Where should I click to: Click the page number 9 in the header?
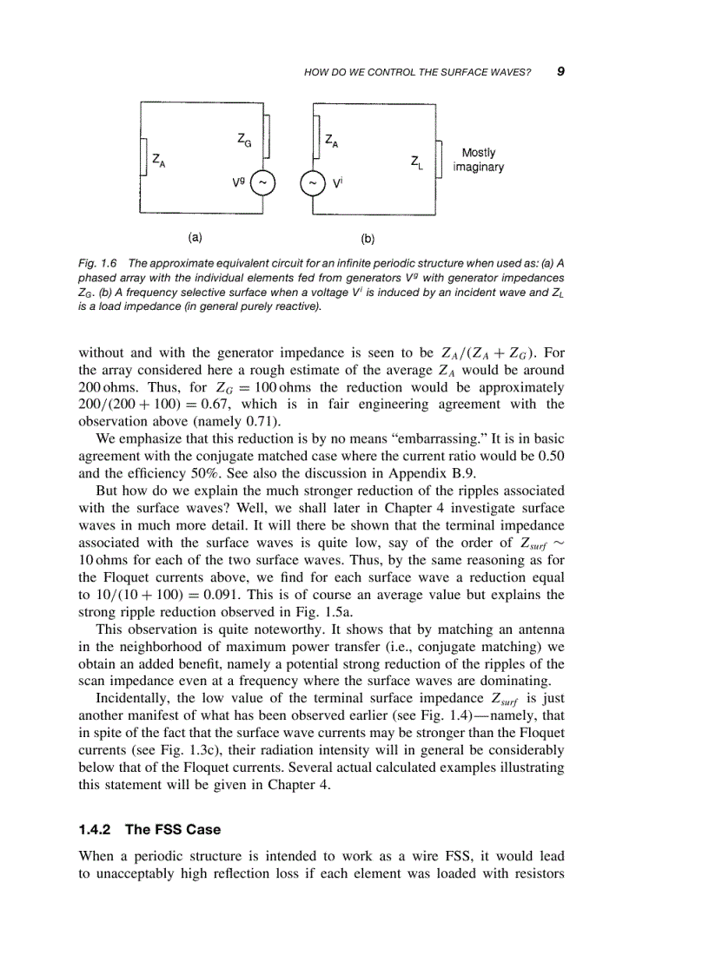[560, 71]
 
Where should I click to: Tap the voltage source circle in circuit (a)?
[264, 183]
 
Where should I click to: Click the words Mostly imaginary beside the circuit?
[478, 160]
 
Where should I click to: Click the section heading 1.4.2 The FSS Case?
[149, 828]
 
